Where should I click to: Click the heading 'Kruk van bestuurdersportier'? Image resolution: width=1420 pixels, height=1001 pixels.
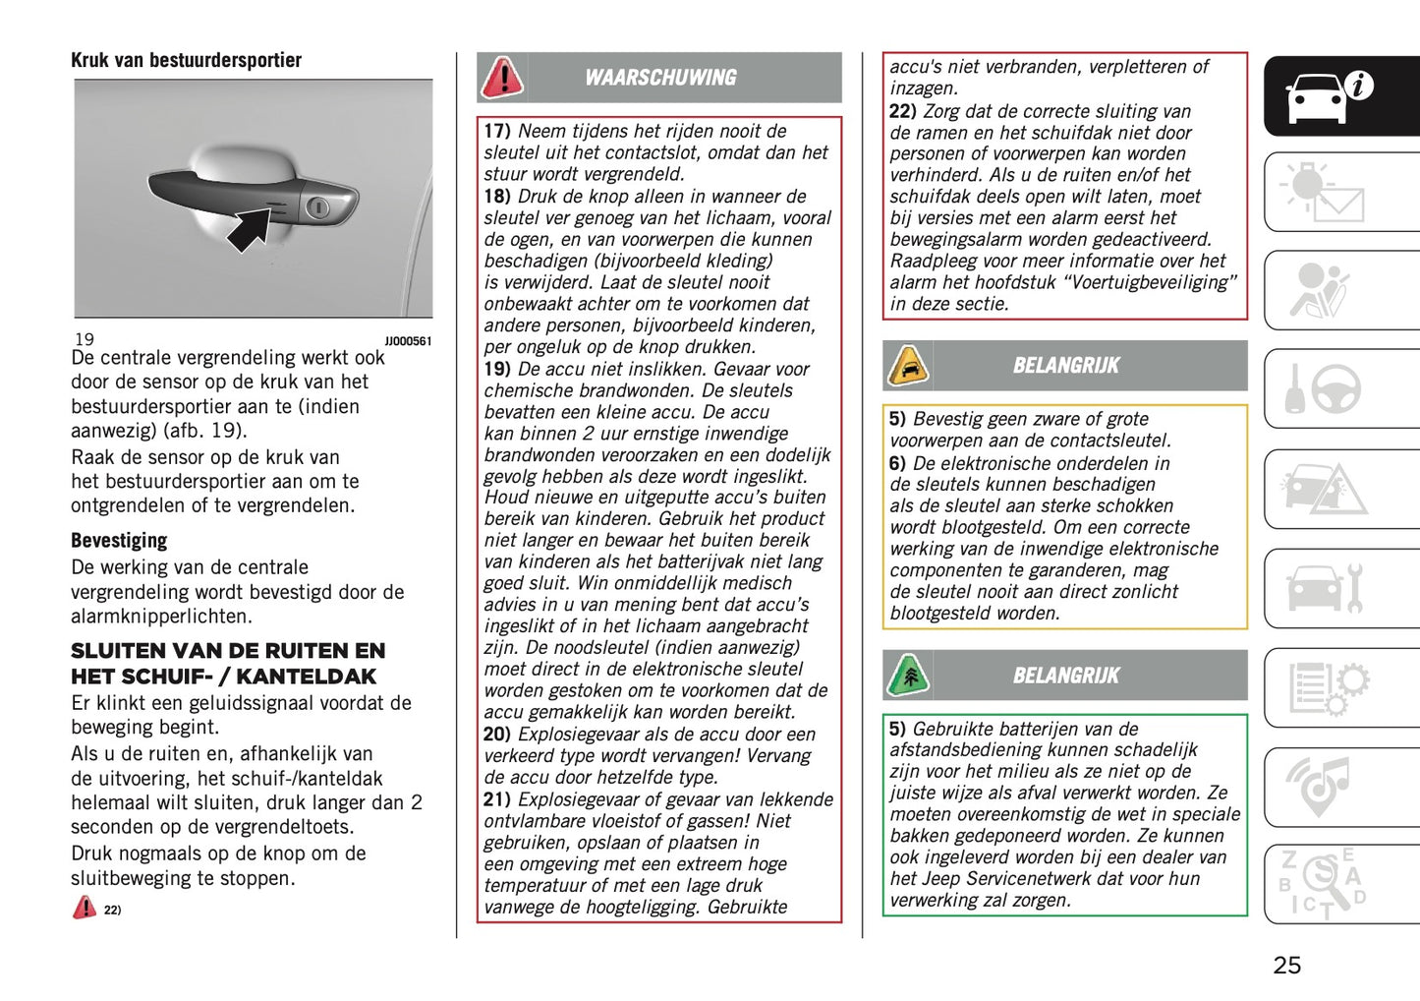point(186,60)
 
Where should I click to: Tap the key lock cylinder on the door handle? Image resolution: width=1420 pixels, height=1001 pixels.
point(317,207)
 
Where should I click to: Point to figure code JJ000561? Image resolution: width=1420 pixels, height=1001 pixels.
point(407,341)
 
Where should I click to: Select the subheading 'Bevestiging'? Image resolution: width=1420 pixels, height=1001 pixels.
point(119,540)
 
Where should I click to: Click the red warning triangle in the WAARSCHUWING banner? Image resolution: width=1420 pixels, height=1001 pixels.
point(502,78)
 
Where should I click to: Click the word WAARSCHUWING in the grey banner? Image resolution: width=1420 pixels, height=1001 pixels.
point(660,78)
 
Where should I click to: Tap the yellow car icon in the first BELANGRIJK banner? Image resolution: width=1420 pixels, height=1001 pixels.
point(908,366)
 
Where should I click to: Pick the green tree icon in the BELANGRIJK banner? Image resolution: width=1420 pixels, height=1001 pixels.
point(908,676)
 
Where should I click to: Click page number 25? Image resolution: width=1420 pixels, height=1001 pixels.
point(1286,966)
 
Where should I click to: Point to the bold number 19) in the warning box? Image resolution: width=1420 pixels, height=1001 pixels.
point(497,369)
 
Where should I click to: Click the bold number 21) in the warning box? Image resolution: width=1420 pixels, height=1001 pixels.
point(497,799)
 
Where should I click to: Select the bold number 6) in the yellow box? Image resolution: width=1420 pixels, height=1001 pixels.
point(897,463)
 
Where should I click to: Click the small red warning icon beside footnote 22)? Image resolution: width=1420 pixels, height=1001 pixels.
point(85,908)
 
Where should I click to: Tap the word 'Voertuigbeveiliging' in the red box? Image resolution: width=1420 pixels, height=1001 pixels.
point(1147,282)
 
